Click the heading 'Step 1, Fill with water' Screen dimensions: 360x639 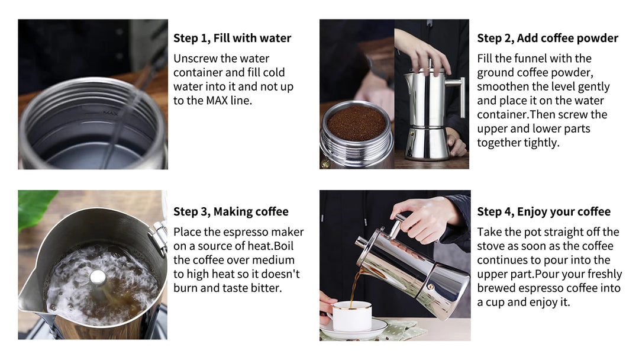coord(232,38)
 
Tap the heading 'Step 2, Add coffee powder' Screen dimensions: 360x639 coord(547,38)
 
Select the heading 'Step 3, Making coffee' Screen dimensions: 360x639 coord(231,212)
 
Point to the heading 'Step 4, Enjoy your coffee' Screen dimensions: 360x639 coord(544,212)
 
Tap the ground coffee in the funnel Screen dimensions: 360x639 coord(356,123)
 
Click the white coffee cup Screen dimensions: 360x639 coord(351,317)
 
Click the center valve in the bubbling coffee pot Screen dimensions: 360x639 coord(98,277)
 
